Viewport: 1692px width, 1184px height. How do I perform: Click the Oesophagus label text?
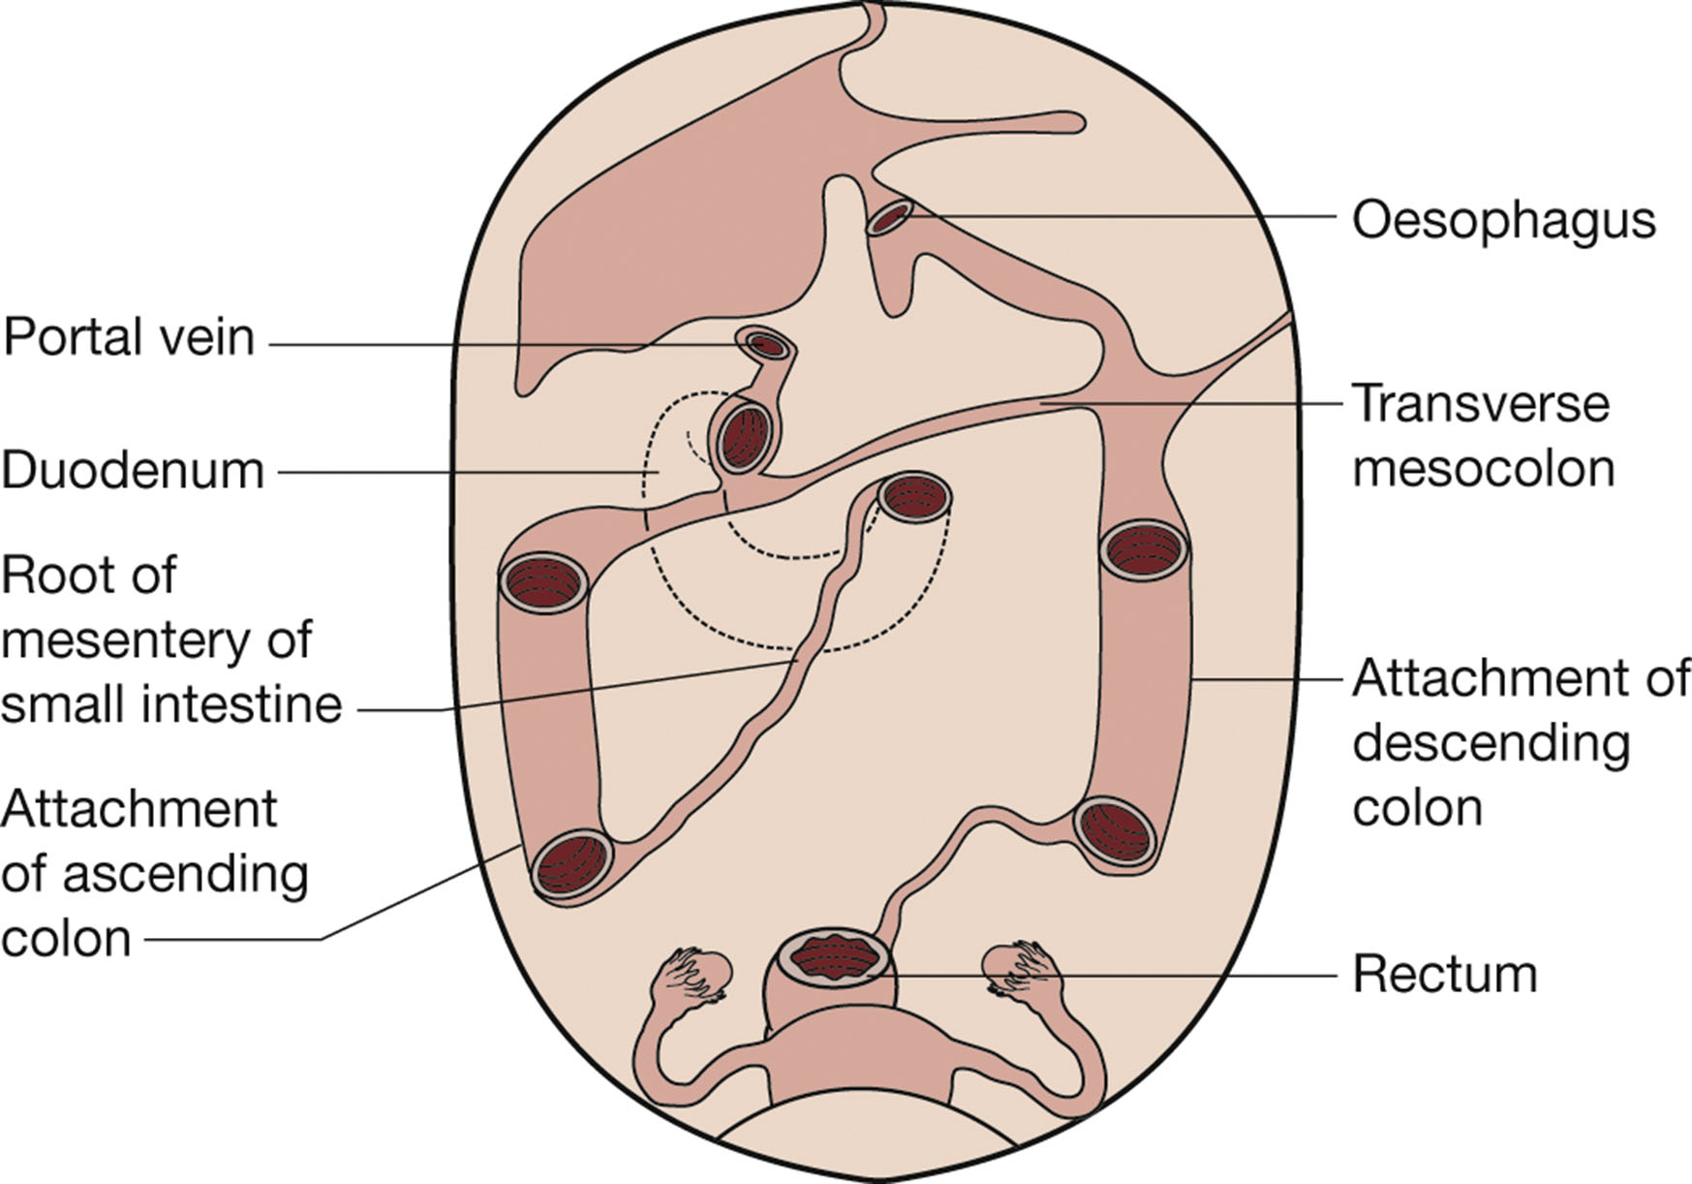pos(1503,222)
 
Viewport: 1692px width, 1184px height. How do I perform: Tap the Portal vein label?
pos(129,338)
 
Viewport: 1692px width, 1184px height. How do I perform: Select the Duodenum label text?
pos(133,471)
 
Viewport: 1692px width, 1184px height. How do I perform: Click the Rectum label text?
pos(1444,975)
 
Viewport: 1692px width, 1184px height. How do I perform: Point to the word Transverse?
pos(1480,403)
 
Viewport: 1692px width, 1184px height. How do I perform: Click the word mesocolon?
pos(1483,469)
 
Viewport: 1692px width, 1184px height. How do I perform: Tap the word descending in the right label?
pos(1492,744)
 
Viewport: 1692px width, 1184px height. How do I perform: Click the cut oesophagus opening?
pos(889,218)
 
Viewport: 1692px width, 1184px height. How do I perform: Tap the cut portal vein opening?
pos(764,344)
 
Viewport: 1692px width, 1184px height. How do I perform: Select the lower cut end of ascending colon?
pos(573,864)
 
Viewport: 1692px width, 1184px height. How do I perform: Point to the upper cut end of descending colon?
pos(1144,550)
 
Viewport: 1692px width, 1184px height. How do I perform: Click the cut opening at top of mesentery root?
pos(914,497)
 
